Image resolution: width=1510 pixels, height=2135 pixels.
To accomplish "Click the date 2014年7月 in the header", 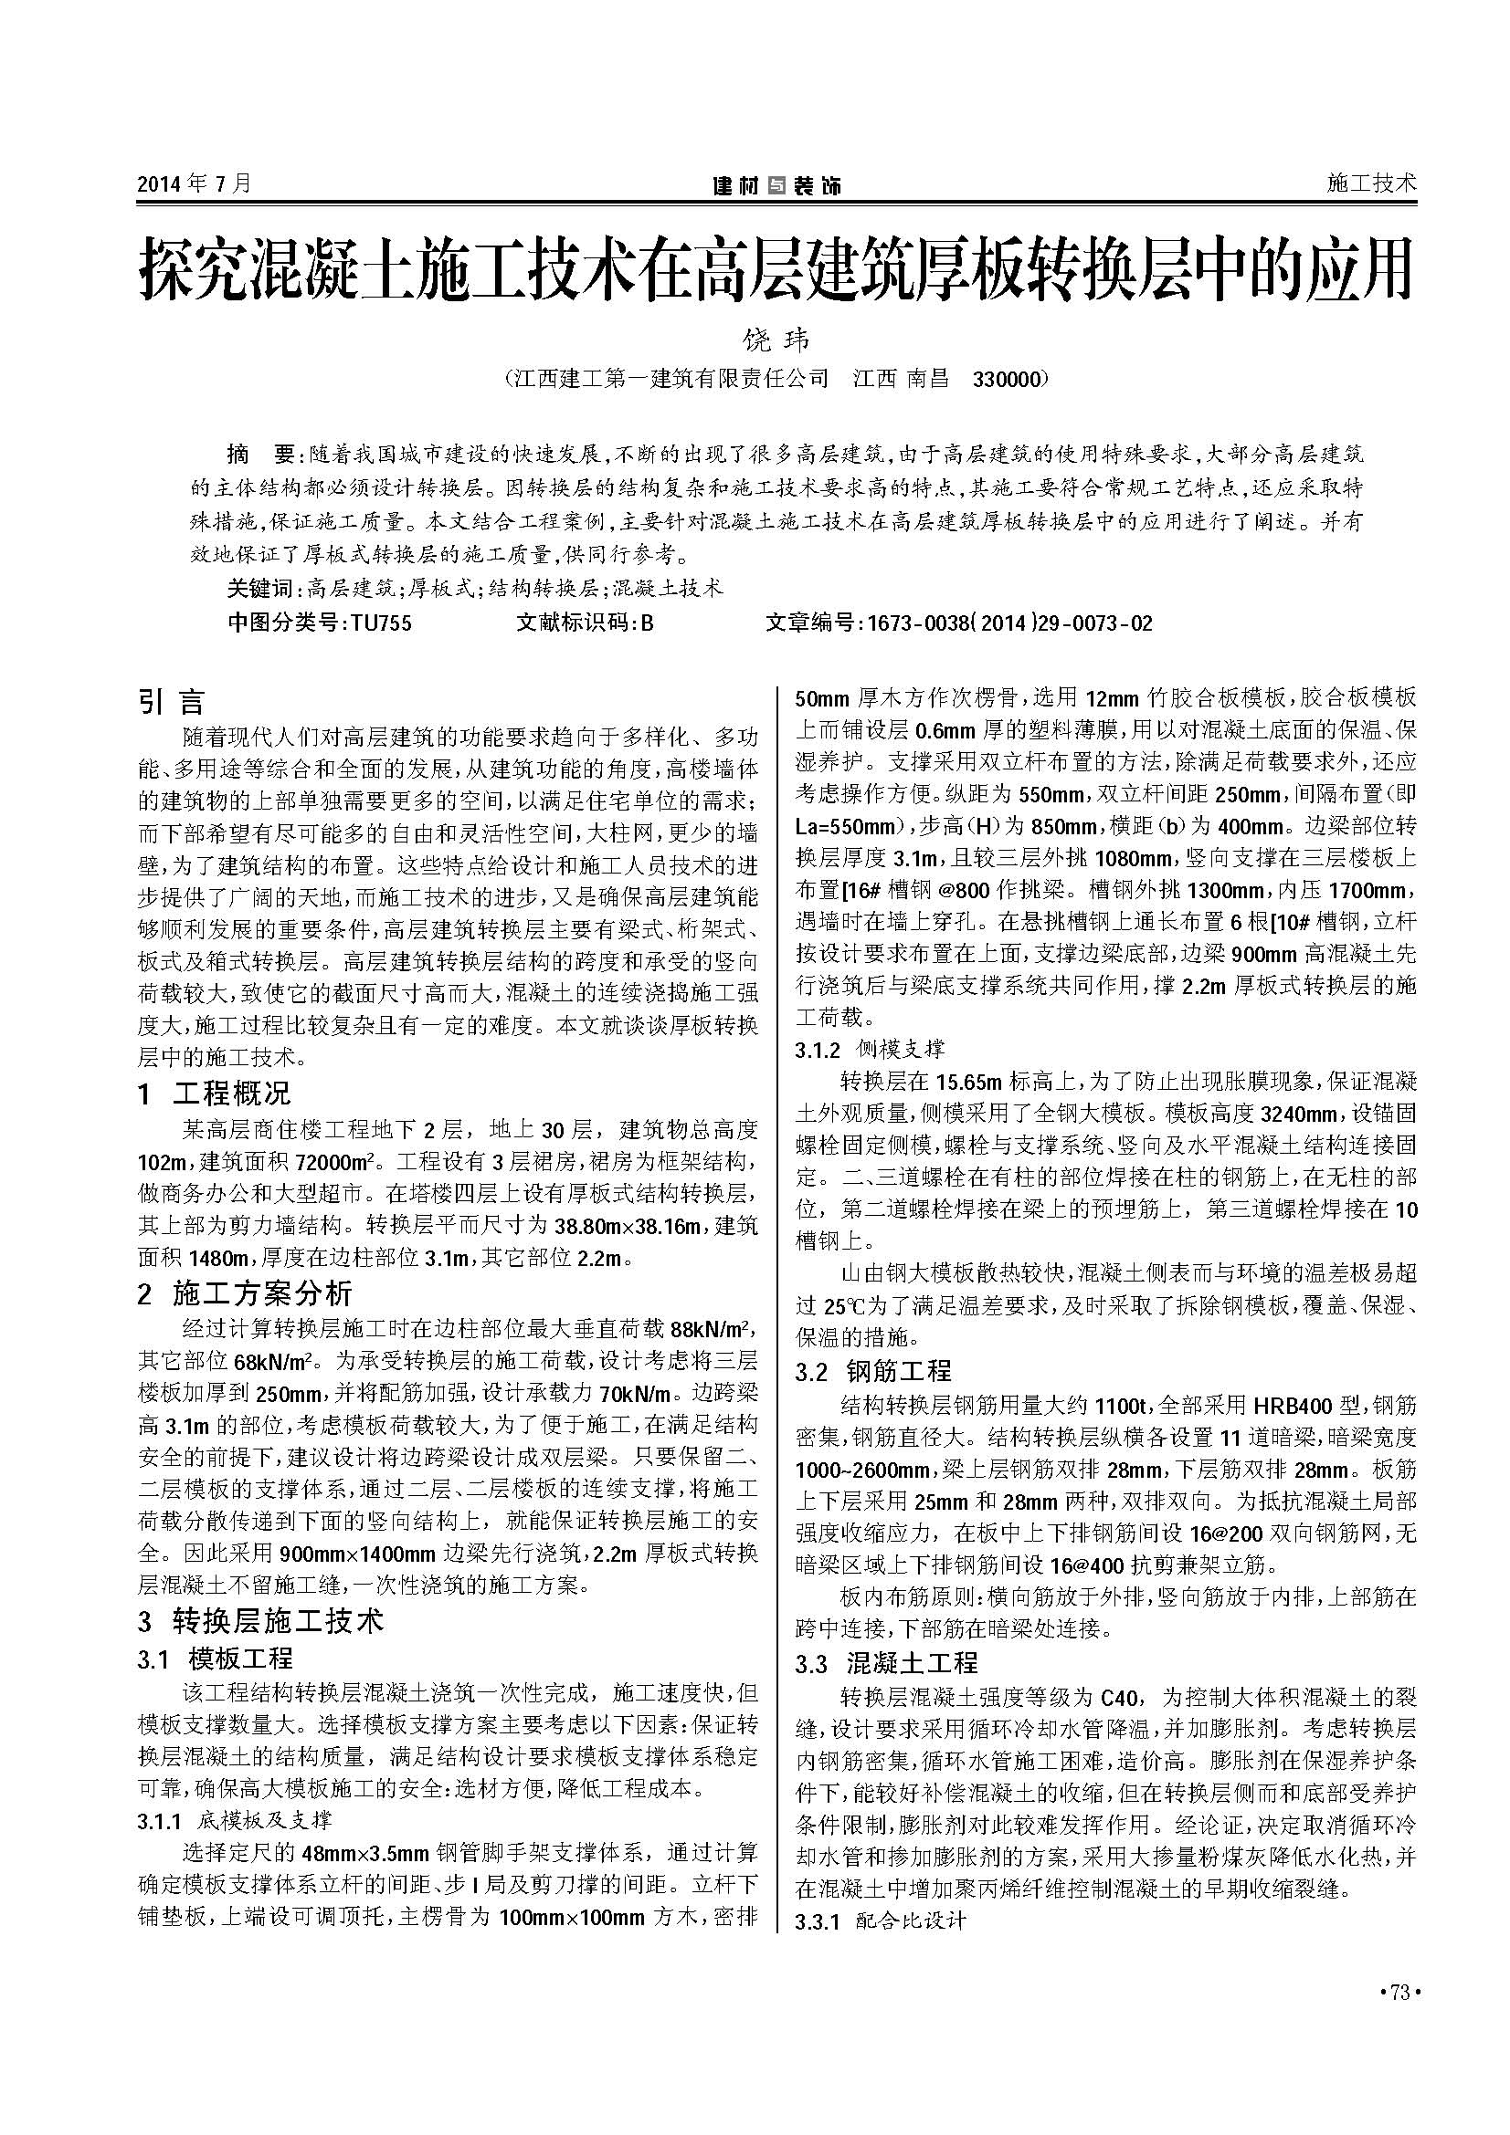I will click(194, 183).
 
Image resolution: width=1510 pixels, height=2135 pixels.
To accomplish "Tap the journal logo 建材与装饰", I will click(776, 185).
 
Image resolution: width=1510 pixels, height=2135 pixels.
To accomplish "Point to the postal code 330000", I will click(1008, 380).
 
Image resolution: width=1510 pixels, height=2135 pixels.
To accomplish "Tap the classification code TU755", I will click(381, 623).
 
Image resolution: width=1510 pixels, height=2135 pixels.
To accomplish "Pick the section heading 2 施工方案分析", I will click(245, 1293).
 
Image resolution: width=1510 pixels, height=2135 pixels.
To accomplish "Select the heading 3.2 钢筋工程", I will click(873, 1371).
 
